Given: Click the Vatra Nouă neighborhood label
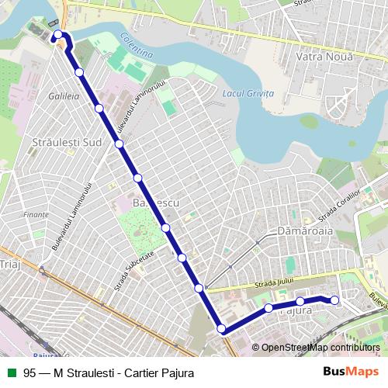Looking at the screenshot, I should (325, 57).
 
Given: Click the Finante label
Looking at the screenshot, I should (36, 214).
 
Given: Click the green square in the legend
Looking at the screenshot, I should (11, 372).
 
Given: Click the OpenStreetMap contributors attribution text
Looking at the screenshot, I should (320, 348).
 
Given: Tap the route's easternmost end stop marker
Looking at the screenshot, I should (335, 300).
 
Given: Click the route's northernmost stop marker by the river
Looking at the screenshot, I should (58, 35).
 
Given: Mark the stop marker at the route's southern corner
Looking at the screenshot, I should (222, 329).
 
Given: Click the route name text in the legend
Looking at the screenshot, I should (109, 372).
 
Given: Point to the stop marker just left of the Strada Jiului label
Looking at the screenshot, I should (199, 288).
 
